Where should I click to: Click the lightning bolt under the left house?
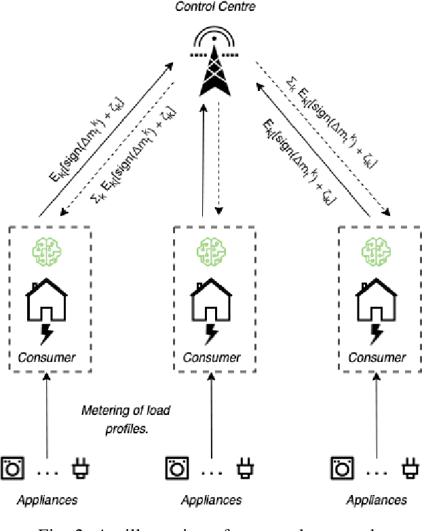48,335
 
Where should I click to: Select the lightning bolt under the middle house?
213,335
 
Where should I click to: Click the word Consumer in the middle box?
213,358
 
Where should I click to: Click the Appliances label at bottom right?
376,500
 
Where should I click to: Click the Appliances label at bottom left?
47,500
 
